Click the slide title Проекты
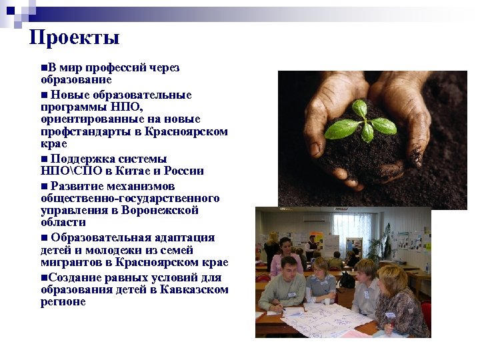click(x=75, y=37)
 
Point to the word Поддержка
click(x=77, y=159)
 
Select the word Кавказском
click(x=194, y=289)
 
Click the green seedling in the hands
click(x=366, y=120)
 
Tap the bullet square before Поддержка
click(x=44, y=159)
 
